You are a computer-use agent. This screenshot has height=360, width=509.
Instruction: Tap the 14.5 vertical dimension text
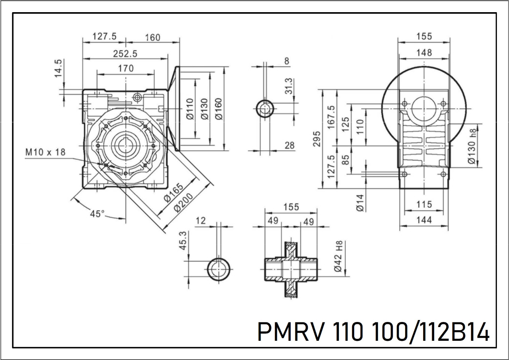coord(58,69)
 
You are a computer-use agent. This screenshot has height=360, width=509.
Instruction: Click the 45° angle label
coord(97,214)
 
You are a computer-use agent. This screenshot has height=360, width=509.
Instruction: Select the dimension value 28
coord(289,145)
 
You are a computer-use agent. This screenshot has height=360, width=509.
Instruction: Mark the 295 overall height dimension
coord(317,138)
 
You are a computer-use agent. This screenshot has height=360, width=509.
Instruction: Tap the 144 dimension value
coord(424,220)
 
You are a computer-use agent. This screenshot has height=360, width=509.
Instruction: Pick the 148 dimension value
coord(424,53)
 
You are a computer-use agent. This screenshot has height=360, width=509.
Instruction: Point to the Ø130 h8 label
coord(472,147)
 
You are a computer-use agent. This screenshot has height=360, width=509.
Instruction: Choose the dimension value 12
coord(200,221)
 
